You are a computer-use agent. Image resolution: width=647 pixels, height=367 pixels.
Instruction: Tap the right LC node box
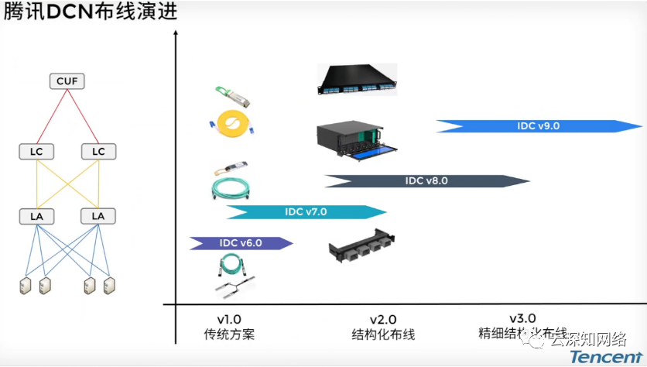[98, 151]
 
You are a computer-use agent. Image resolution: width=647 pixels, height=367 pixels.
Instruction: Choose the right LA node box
[98, 215]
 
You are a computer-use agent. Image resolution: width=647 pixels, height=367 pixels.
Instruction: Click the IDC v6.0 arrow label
[241, 243]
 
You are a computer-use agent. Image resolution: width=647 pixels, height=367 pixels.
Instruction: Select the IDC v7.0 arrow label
[306, 211]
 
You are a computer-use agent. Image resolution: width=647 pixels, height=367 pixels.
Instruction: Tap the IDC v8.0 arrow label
[426, 181]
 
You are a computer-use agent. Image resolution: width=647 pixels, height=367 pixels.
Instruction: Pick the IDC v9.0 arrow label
[539, 125]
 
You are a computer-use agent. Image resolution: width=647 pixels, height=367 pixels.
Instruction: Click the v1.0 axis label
[229, 319]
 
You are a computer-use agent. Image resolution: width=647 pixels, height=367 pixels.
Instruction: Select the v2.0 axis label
[383, 319]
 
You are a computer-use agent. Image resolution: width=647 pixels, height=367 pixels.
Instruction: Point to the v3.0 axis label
[522, 318]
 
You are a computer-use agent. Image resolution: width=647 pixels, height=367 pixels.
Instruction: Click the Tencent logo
[605, 357]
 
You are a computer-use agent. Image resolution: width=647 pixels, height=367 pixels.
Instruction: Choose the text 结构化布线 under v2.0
[383, 334]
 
